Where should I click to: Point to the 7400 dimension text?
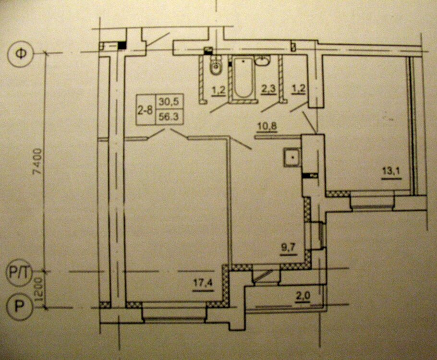37,162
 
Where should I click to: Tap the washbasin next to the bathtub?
263,60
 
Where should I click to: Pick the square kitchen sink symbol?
292,157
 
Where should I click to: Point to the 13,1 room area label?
391,171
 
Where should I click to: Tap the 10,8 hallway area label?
267,127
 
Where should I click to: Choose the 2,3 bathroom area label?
268,89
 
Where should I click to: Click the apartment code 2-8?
145,110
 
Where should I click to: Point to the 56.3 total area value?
169,117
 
